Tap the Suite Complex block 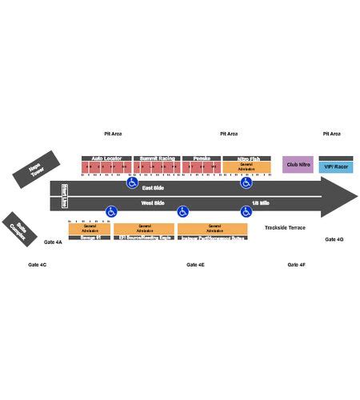(x=18, y=228)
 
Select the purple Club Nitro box (x=298, y=166)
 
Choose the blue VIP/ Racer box (x=335, y=167)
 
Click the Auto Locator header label (x=106, y=158)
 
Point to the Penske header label (x=201, y=158)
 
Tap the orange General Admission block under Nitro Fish (x=246, y=168)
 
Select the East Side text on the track (x=153, y=187)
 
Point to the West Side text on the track (x=153, y=204)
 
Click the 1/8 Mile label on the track (x=261, y=204)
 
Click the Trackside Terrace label (x=285, y=228)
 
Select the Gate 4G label (x=334, y=239)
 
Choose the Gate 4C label (x=38, y=264)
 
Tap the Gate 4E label (x=195, y=264)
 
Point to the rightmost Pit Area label (x=331, y=134)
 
